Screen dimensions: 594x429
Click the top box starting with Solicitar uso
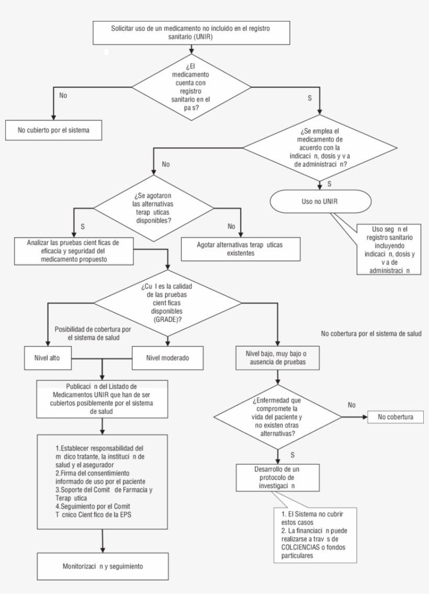191,32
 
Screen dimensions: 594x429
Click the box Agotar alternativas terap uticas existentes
241,249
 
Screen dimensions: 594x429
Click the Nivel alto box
48,358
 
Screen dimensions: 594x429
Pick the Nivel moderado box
167,358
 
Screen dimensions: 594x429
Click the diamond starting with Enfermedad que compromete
277,418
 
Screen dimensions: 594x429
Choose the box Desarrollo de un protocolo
277,477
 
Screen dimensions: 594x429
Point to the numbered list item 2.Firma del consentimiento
100,477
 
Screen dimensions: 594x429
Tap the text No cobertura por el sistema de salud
371,333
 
